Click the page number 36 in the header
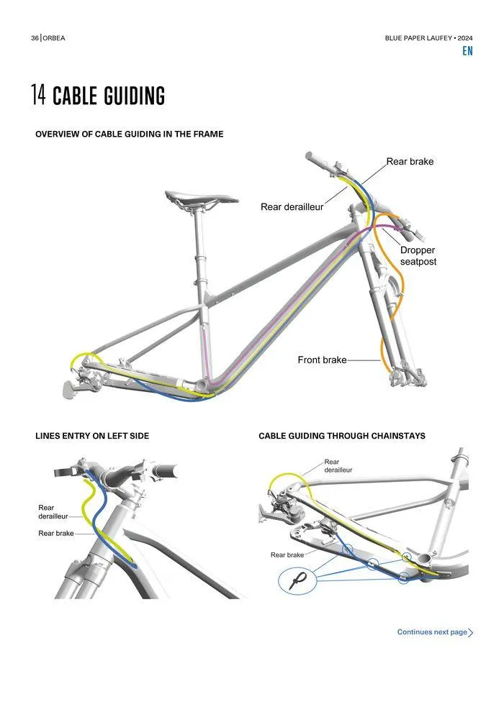(x=35, y=38)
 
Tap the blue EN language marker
(x=468, y=51)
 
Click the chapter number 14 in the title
(x=38, y=96)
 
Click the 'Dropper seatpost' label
(x=418, y=256)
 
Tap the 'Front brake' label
(x=322, y=360)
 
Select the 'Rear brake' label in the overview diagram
(x=410, y=162)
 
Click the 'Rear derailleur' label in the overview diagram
(x=292, y=207)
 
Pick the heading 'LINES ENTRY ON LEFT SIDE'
(x=92, y=436)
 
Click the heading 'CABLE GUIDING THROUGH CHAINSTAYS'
(x=341, y=436)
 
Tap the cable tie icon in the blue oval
(x=298, y=580)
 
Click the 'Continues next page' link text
(x=432, y=632)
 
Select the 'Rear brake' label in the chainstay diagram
(x=287, y=555)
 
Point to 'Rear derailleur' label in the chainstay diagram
(x=338, y=466)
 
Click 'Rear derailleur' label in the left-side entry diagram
(x=53, y=512)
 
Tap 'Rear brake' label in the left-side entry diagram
(x=55, y=534)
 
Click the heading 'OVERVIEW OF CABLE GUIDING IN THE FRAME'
(x=129, y=134)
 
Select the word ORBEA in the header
(x=54, y=38)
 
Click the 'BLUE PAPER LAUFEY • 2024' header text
(x=428, y=38)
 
